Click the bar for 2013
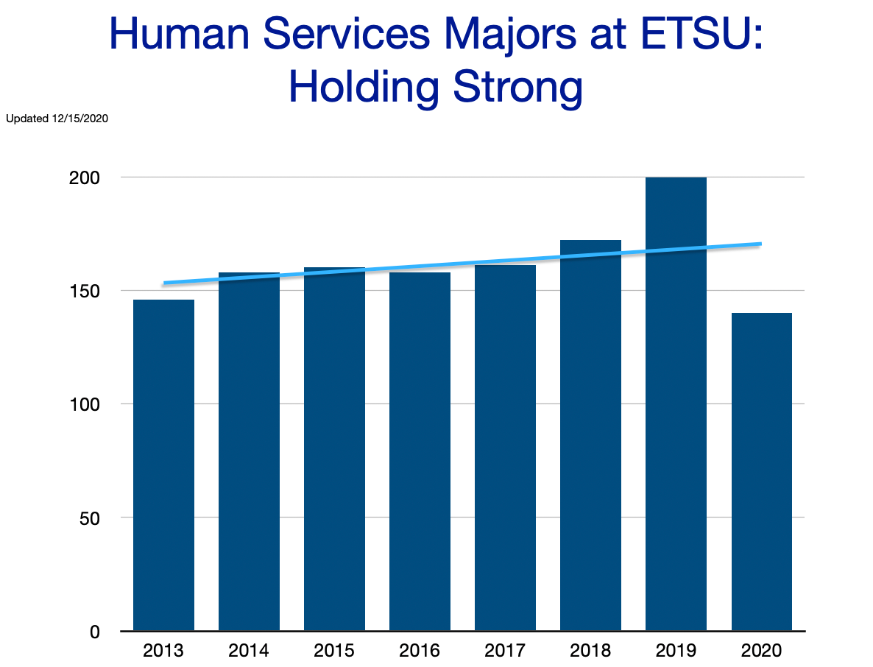(163, 464)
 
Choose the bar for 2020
(761, 471)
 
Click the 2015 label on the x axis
(334, 651)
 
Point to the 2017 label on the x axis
(505, 651)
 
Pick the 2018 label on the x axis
(590, 651)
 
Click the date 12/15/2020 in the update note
(76, 118)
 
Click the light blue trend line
(462, 263)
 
